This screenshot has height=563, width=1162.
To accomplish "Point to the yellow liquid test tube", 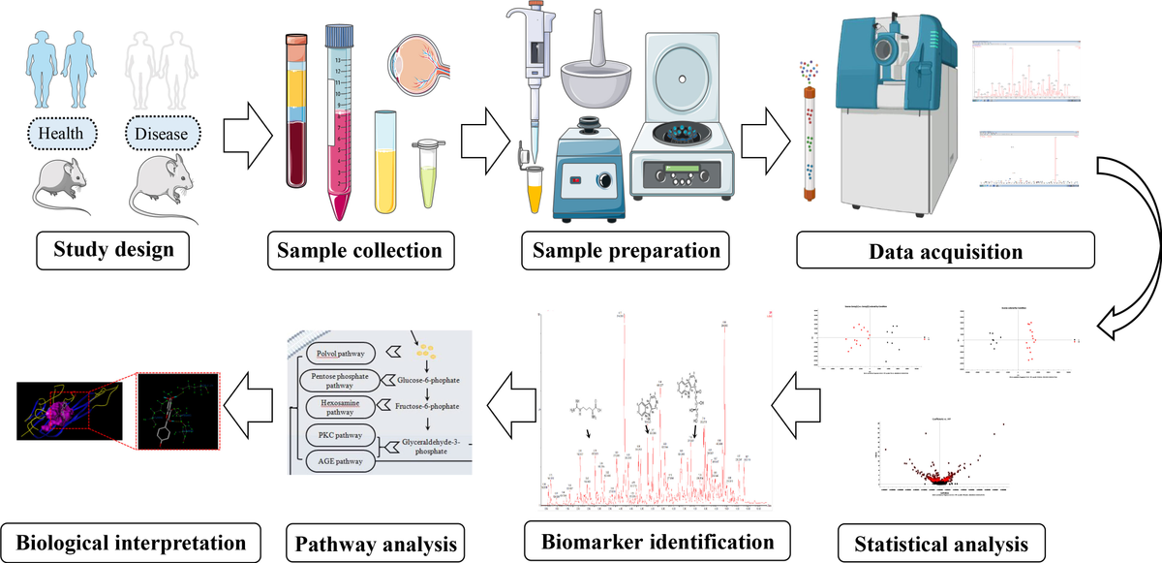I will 385,160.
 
